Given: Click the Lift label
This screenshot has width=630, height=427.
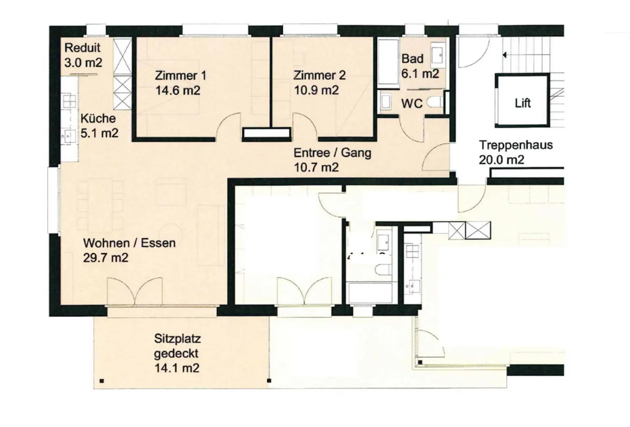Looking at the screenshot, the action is pyautogui.click(x=522, y=103).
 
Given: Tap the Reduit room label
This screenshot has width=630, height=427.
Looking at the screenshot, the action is pyautogui.click(x=82, y=48).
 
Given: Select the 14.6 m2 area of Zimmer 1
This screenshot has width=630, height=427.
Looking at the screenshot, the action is pyautogui.click(x=178, y=90).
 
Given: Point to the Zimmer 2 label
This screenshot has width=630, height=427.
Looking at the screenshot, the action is pyautogui.click(x=319, y=75).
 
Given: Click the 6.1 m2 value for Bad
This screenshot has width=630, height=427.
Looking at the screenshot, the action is pyautogui.click(x=420, y=74).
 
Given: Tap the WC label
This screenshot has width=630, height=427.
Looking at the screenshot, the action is pyautogui.click(x=412, y=104).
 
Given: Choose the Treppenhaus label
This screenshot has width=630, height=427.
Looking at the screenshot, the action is pyautogui.click(x=516, y=145).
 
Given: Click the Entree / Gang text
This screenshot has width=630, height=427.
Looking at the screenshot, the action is pyautogui.click(x=332, y=153).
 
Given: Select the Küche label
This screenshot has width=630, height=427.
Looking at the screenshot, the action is pyautogui.click(x=98, y=118).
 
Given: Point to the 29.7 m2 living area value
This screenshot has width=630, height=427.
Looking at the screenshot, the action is pyautogui.click(x=106, y=258).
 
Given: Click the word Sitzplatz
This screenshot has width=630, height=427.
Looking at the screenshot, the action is pyautogui.click(x=178, y=338).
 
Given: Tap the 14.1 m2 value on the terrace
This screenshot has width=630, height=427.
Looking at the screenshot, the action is pyautogui.click(x=177, y=368).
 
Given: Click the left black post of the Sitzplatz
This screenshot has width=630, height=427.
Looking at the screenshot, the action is pyautogui.click(x=102, y=381).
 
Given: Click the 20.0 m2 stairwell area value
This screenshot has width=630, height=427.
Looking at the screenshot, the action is pyautogui.click(x=501, y=160).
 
